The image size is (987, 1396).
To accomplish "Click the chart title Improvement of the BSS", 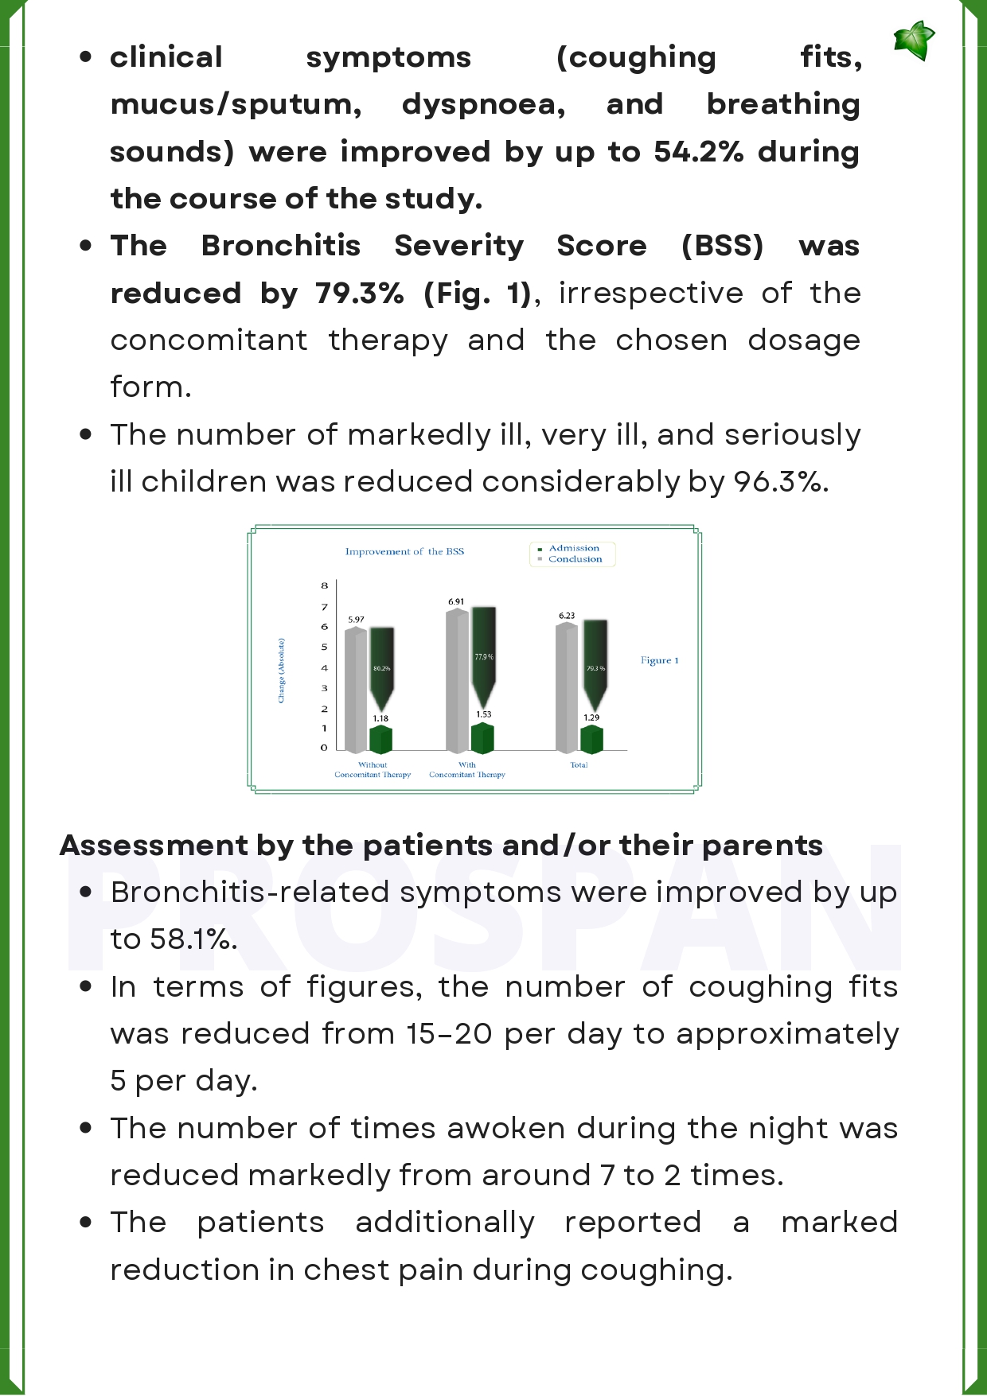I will [404, 551].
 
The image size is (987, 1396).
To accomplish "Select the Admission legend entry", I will [573, 548].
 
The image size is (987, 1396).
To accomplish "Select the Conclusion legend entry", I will [575, 559].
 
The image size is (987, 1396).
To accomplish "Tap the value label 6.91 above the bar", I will [456, 601].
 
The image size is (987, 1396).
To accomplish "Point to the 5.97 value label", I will [356, 619].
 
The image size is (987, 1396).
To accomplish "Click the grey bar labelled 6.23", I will [566, 688].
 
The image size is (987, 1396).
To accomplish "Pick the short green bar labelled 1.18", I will [380, 740].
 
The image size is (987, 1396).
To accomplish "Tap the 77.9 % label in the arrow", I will [484, 657].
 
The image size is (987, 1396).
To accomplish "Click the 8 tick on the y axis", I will [325, 585].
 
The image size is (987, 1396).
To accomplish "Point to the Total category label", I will [579, 765].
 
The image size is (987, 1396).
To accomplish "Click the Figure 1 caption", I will [659, 660].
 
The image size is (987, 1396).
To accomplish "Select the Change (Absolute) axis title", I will [281, 671].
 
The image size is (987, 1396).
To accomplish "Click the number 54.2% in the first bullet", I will [699, 151].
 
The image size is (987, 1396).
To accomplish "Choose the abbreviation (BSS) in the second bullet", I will [722, 246].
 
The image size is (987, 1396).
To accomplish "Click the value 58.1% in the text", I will [193, 939].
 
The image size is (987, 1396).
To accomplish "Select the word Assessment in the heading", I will [154, 845].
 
